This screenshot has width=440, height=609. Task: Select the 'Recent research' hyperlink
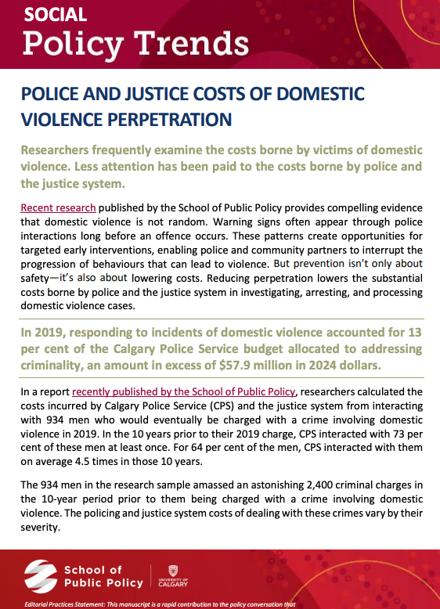coord(58,207)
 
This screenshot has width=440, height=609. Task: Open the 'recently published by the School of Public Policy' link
coord(183,391)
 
